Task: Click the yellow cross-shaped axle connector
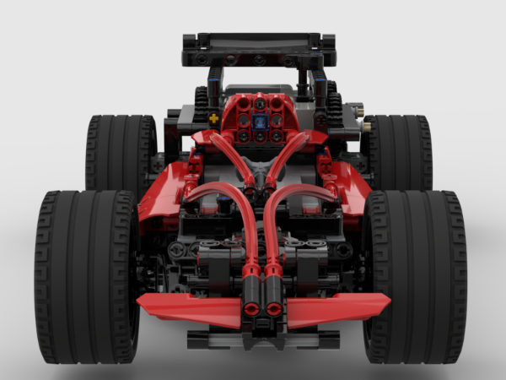click(214, 118)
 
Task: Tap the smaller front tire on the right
click(396, 152)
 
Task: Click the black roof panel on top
click(258, 42)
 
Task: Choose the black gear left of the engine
click(202, 105)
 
